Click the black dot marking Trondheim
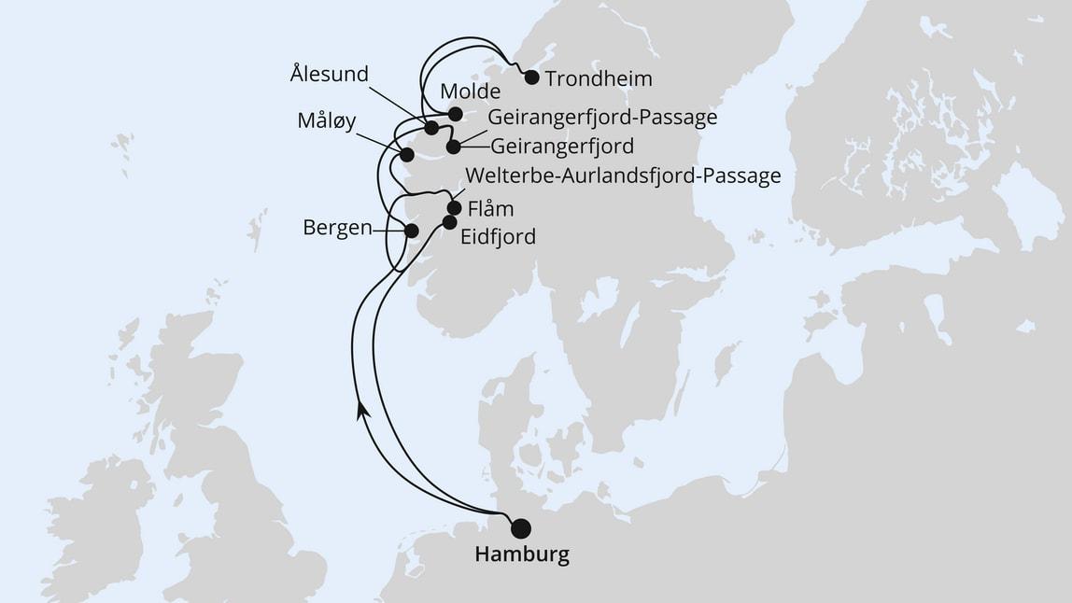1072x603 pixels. coord(531,77)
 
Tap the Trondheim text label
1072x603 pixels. coord(598,78)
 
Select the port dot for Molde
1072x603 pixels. coord(455,114)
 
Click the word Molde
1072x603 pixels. coord(470,91)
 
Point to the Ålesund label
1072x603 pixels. coord(330,74)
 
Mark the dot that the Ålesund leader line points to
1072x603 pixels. coord(430,128)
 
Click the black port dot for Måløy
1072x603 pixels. coord(406,155)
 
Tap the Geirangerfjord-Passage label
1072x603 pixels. coord(602,118)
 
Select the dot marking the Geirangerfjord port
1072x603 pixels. coord(453,147)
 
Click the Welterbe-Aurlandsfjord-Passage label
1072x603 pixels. coord(622,176)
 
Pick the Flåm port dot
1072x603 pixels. coord(455,208)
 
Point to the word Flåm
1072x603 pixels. coord(489,208)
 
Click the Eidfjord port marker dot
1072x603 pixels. coord(449,222)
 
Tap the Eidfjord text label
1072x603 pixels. coord(499,237)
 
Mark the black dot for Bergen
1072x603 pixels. coord(410,230)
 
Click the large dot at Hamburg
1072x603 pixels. coord(520,527)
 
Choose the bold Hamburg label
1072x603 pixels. coord(522,554)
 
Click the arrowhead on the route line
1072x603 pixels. coord(360,411)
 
